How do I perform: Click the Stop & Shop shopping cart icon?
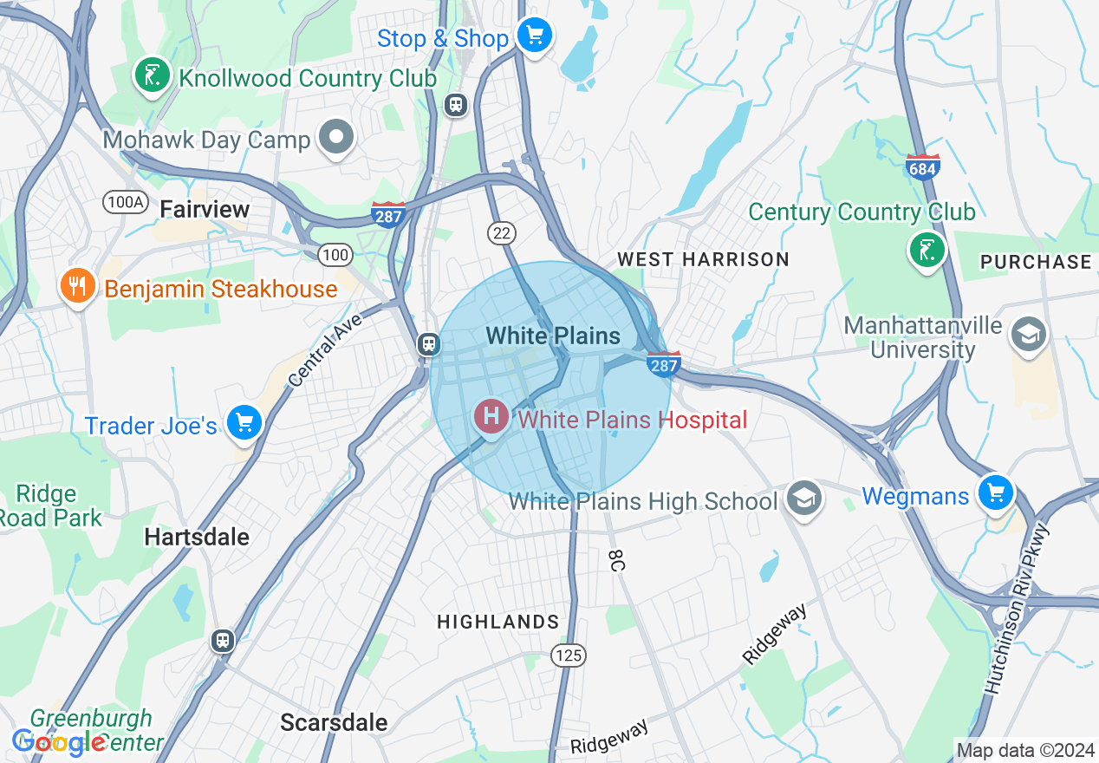[x=535, y=36]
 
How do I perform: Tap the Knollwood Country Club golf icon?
[x=153, y=75]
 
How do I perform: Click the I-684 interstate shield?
[x=922, y=167]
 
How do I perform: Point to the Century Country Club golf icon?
[x=927, y=251]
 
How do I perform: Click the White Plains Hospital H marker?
[x=491, y=417]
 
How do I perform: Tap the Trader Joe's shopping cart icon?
[x=244, y=423]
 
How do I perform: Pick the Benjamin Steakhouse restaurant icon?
[x=79, y=286]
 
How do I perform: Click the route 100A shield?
[x=125, y=202]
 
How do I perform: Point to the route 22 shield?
[x=502, y=232]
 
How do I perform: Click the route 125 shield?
[x=569, y=655]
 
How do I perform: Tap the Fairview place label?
[x=205, y=209]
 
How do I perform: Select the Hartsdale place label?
[x=197, y=537]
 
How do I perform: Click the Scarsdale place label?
[x=334, y=722]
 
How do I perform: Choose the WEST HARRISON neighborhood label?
[x=703, y=259]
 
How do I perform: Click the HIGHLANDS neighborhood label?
[x=497, y=622]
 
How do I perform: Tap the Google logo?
[x=58, y=742]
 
